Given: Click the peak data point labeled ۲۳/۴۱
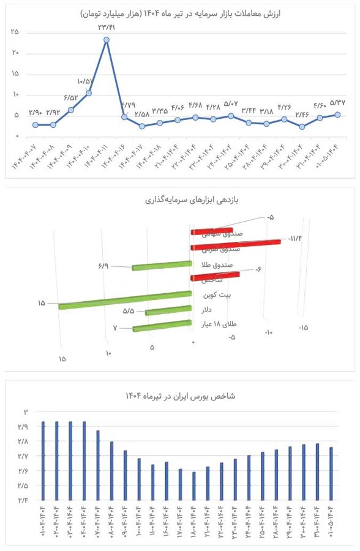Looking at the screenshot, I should (x=107, y=40).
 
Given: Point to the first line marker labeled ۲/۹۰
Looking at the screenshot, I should (x=36, y=125).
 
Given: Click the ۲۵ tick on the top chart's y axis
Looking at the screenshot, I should (x=14, y=32).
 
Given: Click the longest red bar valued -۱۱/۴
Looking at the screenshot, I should (x=236, y=245).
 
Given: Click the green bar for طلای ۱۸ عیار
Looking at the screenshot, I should (x=162, y=326).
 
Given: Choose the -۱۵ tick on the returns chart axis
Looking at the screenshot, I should (x=303, y=328).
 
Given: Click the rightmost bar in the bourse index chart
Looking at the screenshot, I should (x=331, y=474).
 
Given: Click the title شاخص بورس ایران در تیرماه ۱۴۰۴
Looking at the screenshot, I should (x=180, y=396).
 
